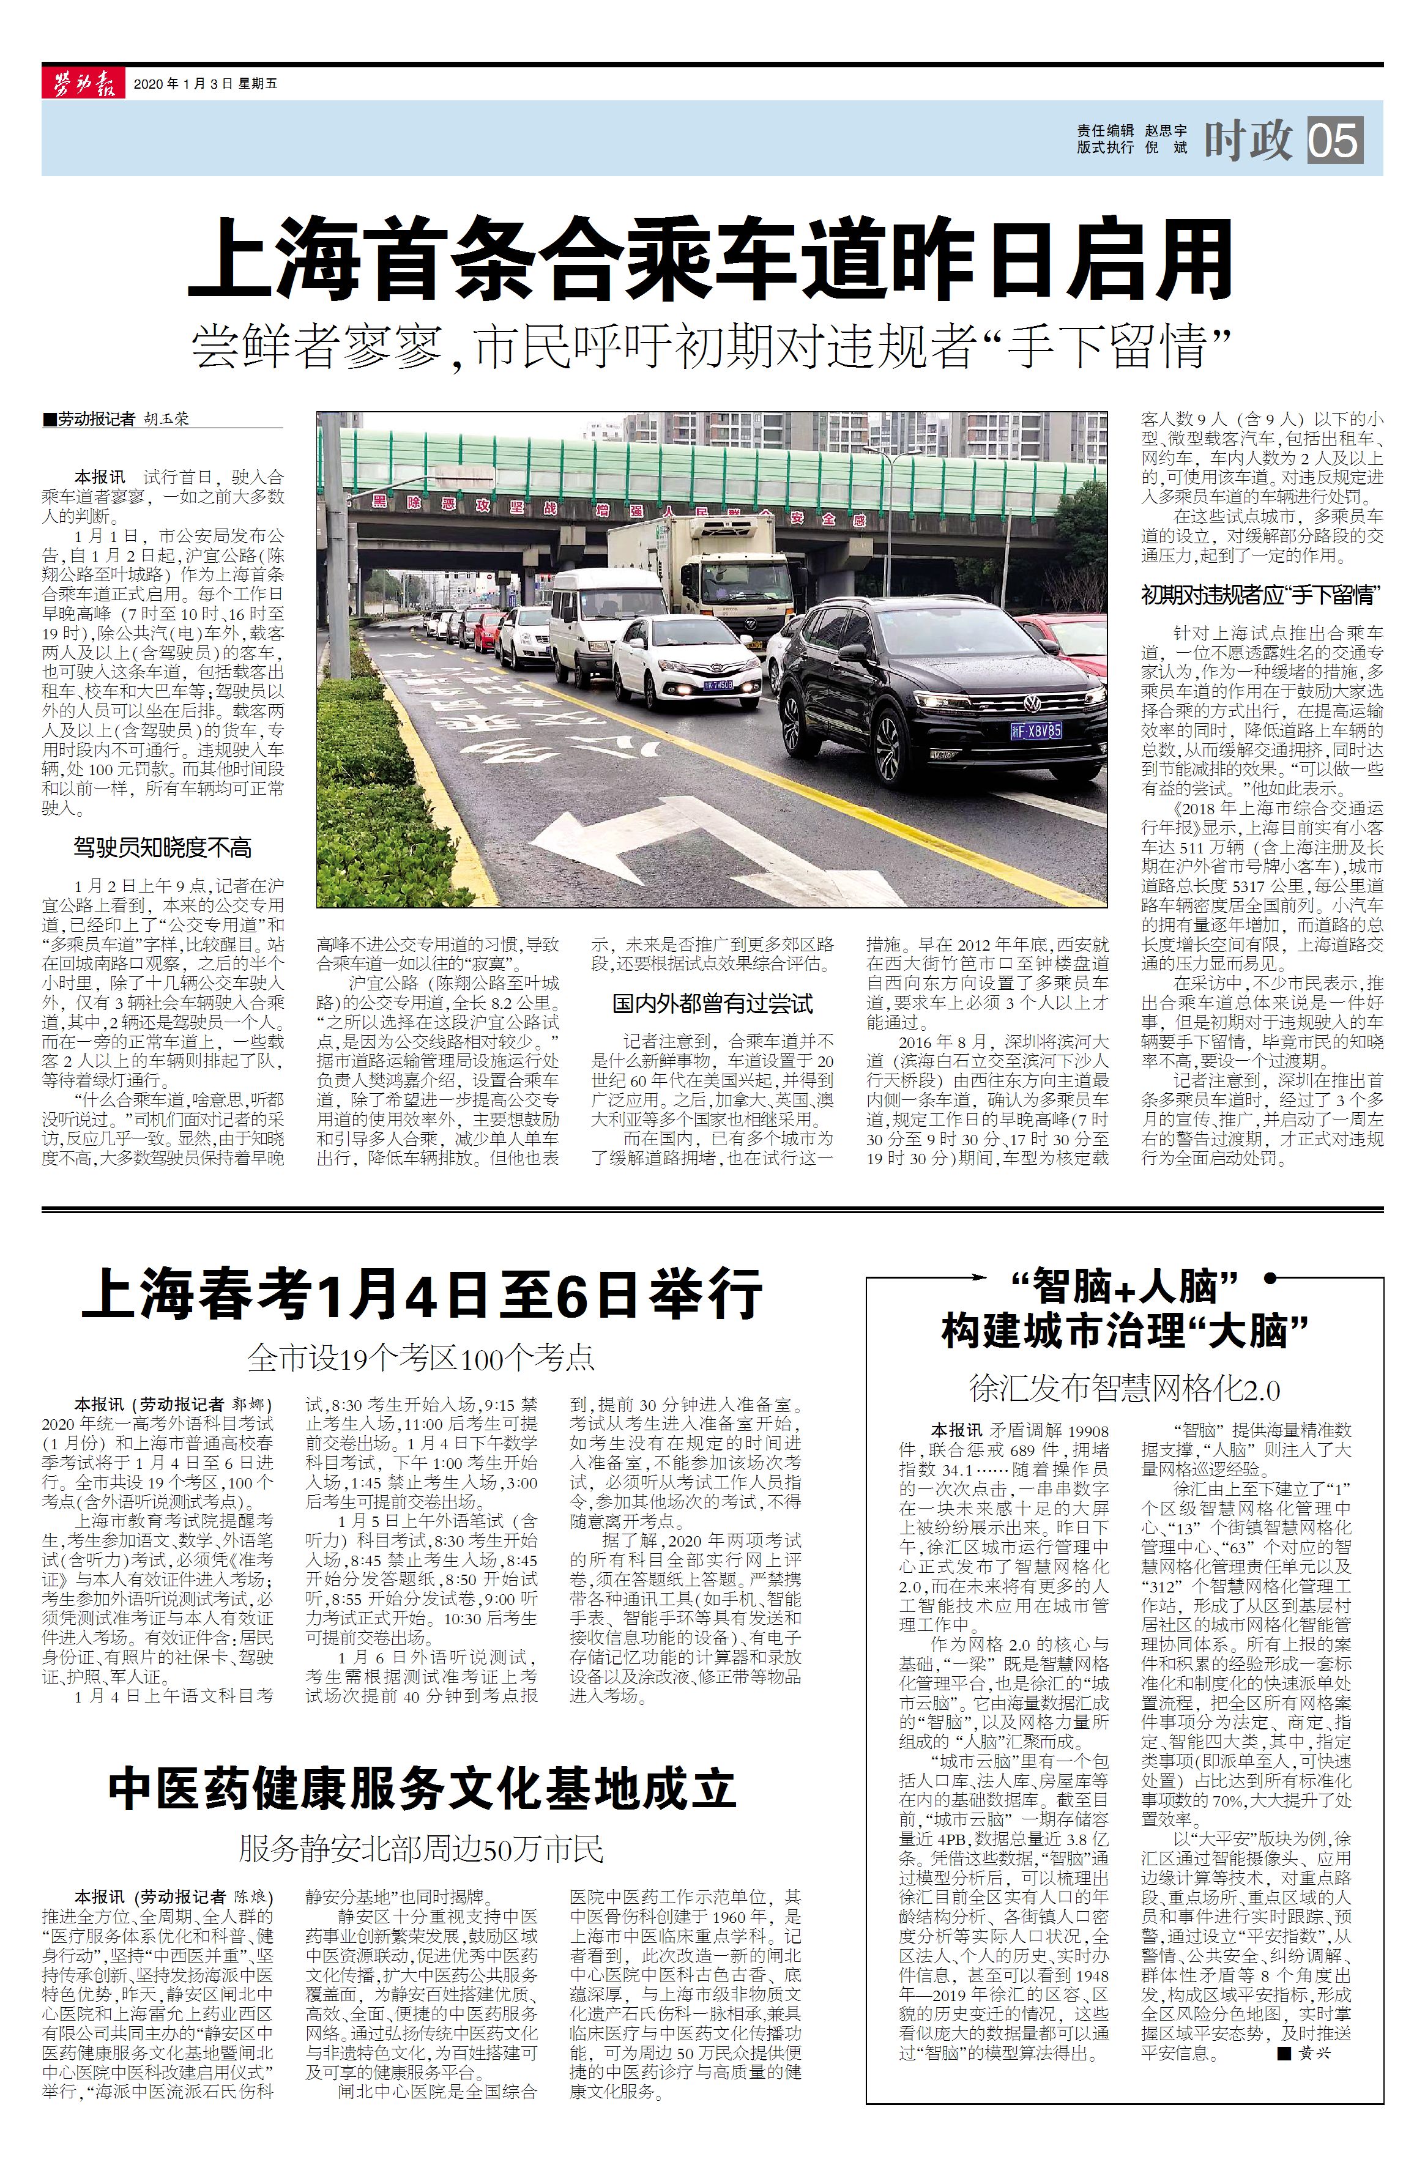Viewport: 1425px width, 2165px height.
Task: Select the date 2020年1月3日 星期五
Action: coord(205,84)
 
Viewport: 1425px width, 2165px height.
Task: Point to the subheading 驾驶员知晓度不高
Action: coord(163,848)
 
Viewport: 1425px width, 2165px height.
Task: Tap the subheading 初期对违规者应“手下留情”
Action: coord(1261,596)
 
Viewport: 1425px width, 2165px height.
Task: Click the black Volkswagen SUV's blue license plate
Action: coord(1035,730)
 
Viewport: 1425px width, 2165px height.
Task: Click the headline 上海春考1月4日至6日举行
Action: coord(422,1294)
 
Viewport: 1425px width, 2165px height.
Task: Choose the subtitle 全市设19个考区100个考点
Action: coord(422,1358)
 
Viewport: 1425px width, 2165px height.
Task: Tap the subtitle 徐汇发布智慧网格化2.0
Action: coord(1125,1390)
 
